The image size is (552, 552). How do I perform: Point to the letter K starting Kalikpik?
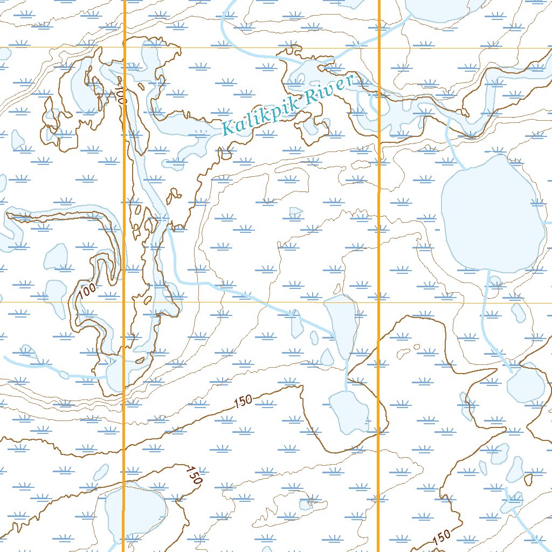tap(229, 128)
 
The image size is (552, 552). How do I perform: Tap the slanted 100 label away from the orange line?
tap(87, 292)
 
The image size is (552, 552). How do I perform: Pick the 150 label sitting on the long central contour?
tap(244, 402)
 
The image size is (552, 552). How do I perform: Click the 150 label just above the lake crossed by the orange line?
tap(192, 474)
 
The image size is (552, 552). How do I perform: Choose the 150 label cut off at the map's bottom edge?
tap(440, 537)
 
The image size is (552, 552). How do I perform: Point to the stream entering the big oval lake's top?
tap(456, 146)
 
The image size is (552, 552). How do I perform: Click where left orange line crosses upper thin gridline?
tap(125, 48)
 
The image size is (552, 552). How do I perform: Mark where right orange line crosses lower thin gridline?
tap(378, 302)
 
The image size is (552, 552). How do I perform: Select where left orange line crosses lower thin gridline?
tap(125, 302)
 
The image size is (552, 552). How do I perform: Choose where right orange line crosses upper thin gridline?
tap(378, 48)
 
